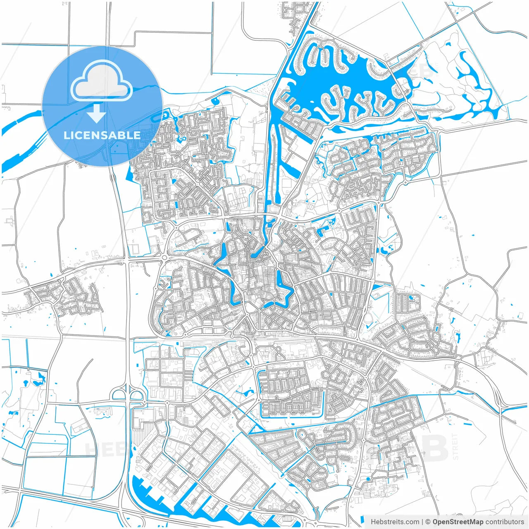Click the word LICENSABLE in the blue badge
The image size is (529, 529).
[102, 135]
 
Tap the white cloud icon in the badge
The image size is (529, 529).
[101, 81]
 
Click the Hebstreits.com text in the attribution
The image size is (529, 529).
[395, 522]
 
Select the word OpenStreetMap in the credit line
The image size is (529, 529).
[458, 522]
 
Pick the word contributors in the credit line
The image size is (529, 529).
[504, 522]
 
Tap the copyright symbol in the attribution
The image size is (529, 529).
[428, 522]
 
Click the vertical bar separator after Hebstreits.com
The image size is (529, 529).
[422, 522]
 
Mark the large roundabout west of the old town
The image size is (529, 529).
[165, 258]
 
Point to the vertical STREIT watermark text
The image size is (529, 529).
[455, 446]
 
